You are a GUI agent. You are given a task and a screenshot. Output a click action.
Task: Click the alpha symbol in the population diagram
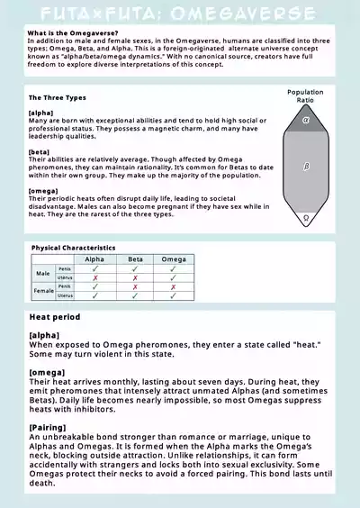click(x=306, y=119)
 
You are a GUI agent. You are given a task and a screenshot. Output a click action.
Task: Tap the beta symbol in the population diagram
click(x=306, y=166)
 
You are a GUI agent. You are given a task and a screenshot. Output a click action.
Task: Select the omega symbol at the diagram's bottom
click(x=306, y=217)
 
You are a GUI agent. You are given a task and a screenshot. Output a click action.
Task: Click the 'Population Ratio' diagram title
click(x=305, y=96)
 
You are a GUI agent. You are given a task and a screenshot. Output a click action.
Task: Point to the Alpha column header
click(x=94, y=259)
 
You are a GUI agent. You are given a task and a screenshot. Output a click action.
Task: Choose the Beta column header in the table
click(x=135, y=259)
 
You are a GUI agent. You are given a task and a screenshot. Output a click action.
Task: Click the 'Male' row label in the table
click(x=43, y=272)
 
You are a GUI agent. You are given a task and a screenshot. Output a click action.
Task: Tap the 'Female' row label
click(x=42, y=290)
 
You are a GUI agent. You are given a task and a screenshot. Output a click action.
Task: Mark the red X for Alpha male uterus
click(x=94, y=277)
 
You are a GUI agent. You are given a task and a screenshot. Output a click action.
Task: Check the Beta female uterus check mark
click(x=135, y=295)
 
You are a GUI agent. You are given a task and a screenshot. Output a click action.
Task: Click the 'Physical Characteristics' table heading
click(x=73, y=247)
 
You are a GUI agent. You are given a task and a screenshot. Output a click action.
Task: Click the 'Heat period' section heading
click(x=55, y=317)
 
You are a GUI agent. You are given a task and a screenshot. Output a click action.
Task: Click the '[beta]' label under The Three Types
click(x=40, y=153)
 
